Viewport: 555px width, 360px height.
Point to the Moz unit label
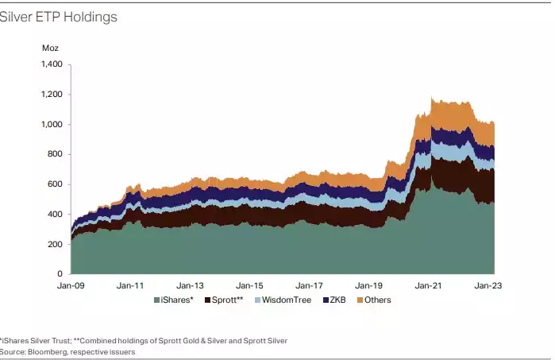point(50,48)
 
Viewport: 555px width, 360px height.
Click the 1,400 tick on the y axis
point(51,64)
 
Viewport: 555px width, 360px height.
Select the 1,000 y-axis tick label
point(51,125)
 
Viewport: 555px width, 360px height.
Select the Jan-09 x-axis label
point(70,285)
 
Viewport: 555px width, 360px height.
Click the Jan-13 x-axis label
point(190,285)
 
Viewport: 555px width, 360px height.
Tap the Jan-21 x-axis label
point(430,285)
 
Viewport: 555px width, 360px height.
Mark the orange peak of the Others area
point(431,99)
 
